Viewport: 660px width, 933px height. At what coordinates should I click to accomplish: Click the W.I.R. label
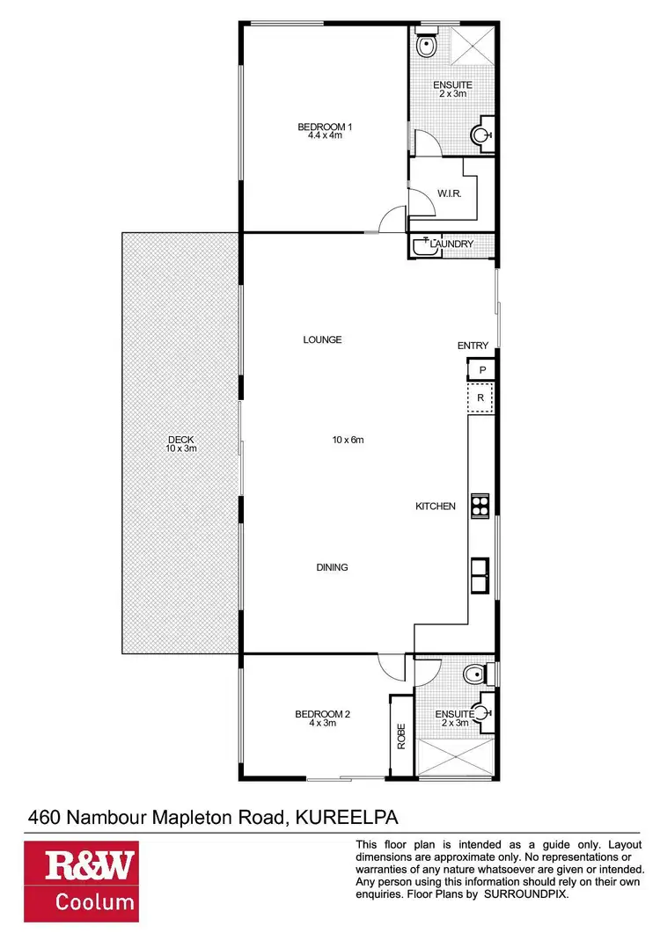click(444, 193)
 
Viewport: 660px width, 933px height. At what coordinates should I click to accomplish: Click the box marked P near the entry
click(482, 370)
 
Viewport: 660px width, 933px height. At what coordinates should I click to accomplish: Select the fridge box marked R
click(480, 398)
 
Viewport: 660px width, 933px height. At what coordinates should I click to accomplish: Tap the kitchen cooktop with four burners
click(480, 505)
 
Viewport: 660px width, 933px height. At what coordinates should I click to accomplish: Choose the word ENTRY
click(473, 346)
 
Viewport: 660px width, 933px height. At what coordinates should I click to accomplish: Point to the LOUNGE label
click(322, 339)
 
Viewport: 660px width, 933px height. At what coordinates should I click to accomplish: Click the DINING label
click(332, 567)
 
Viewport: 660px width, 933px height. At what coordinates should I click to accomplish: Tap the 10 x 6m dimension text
click(348, 439)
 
